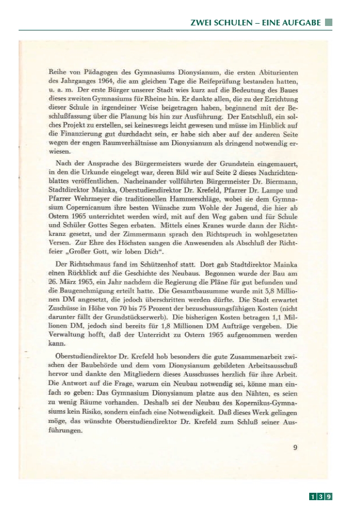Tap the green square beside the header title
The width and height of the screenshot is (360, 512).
328,23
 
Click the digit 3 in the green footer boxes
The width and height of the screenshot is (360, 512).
320,497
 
